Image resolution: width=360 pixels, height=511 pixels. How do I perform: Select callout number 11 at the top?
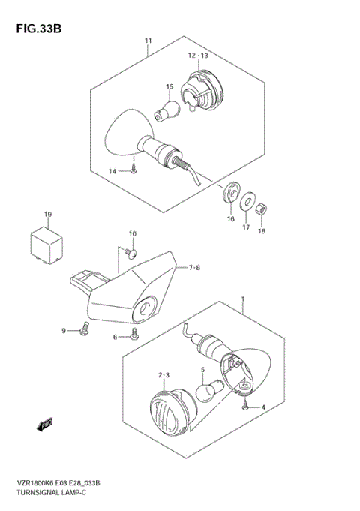[x=148, y=40]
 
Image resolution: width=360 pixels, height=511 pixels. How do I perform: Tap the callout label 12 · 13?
[x=198, y=56]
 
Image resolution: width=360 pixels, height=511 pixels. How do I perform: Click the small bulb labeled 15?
[x=163, y=110]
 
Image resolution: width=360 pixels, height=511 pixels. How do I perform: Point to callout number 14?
[x=113, y=172]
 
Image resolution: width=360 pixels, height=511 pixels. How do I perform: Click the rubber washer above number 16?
[x=229, y=194]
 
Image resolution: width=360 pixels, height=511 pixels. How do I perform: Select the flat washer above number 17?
[x=246, y=202]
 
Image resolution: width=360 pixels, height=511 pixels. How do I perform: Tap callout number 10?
[x=133, y=233]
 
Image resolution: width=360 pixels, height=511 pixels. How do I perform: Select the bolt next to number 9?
[x=85, y=328]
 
